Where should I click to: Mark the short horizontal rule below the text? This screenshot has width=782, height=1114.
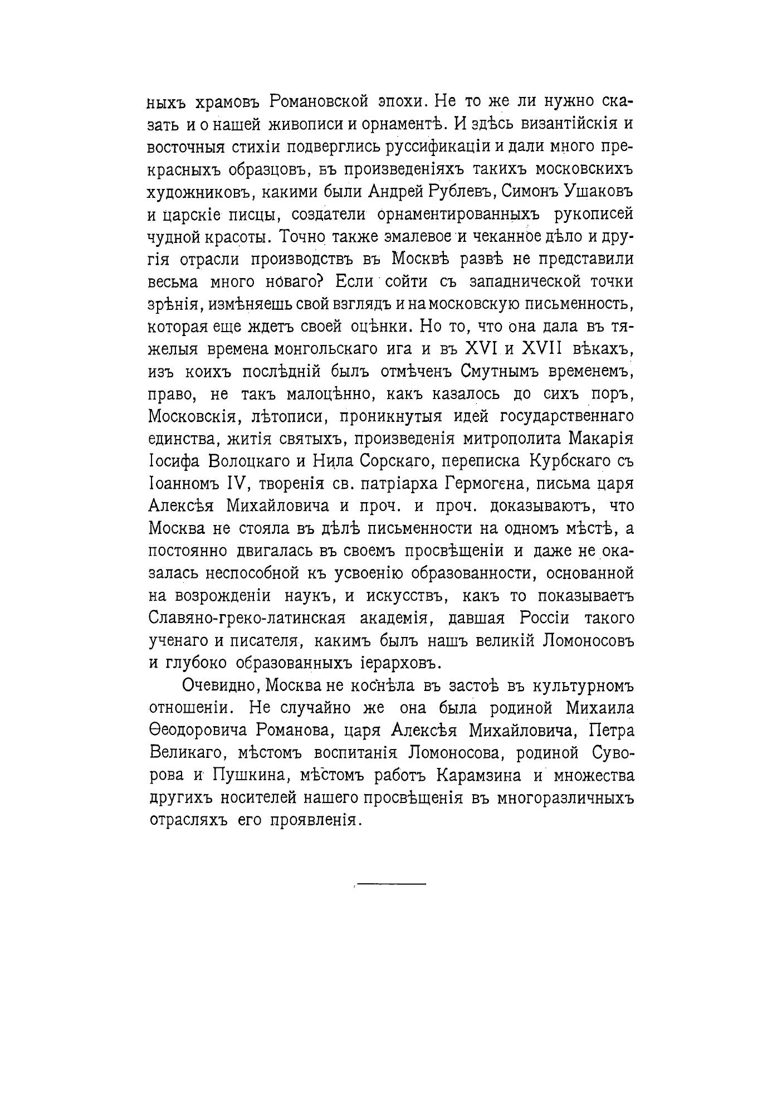click(390, 884)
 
